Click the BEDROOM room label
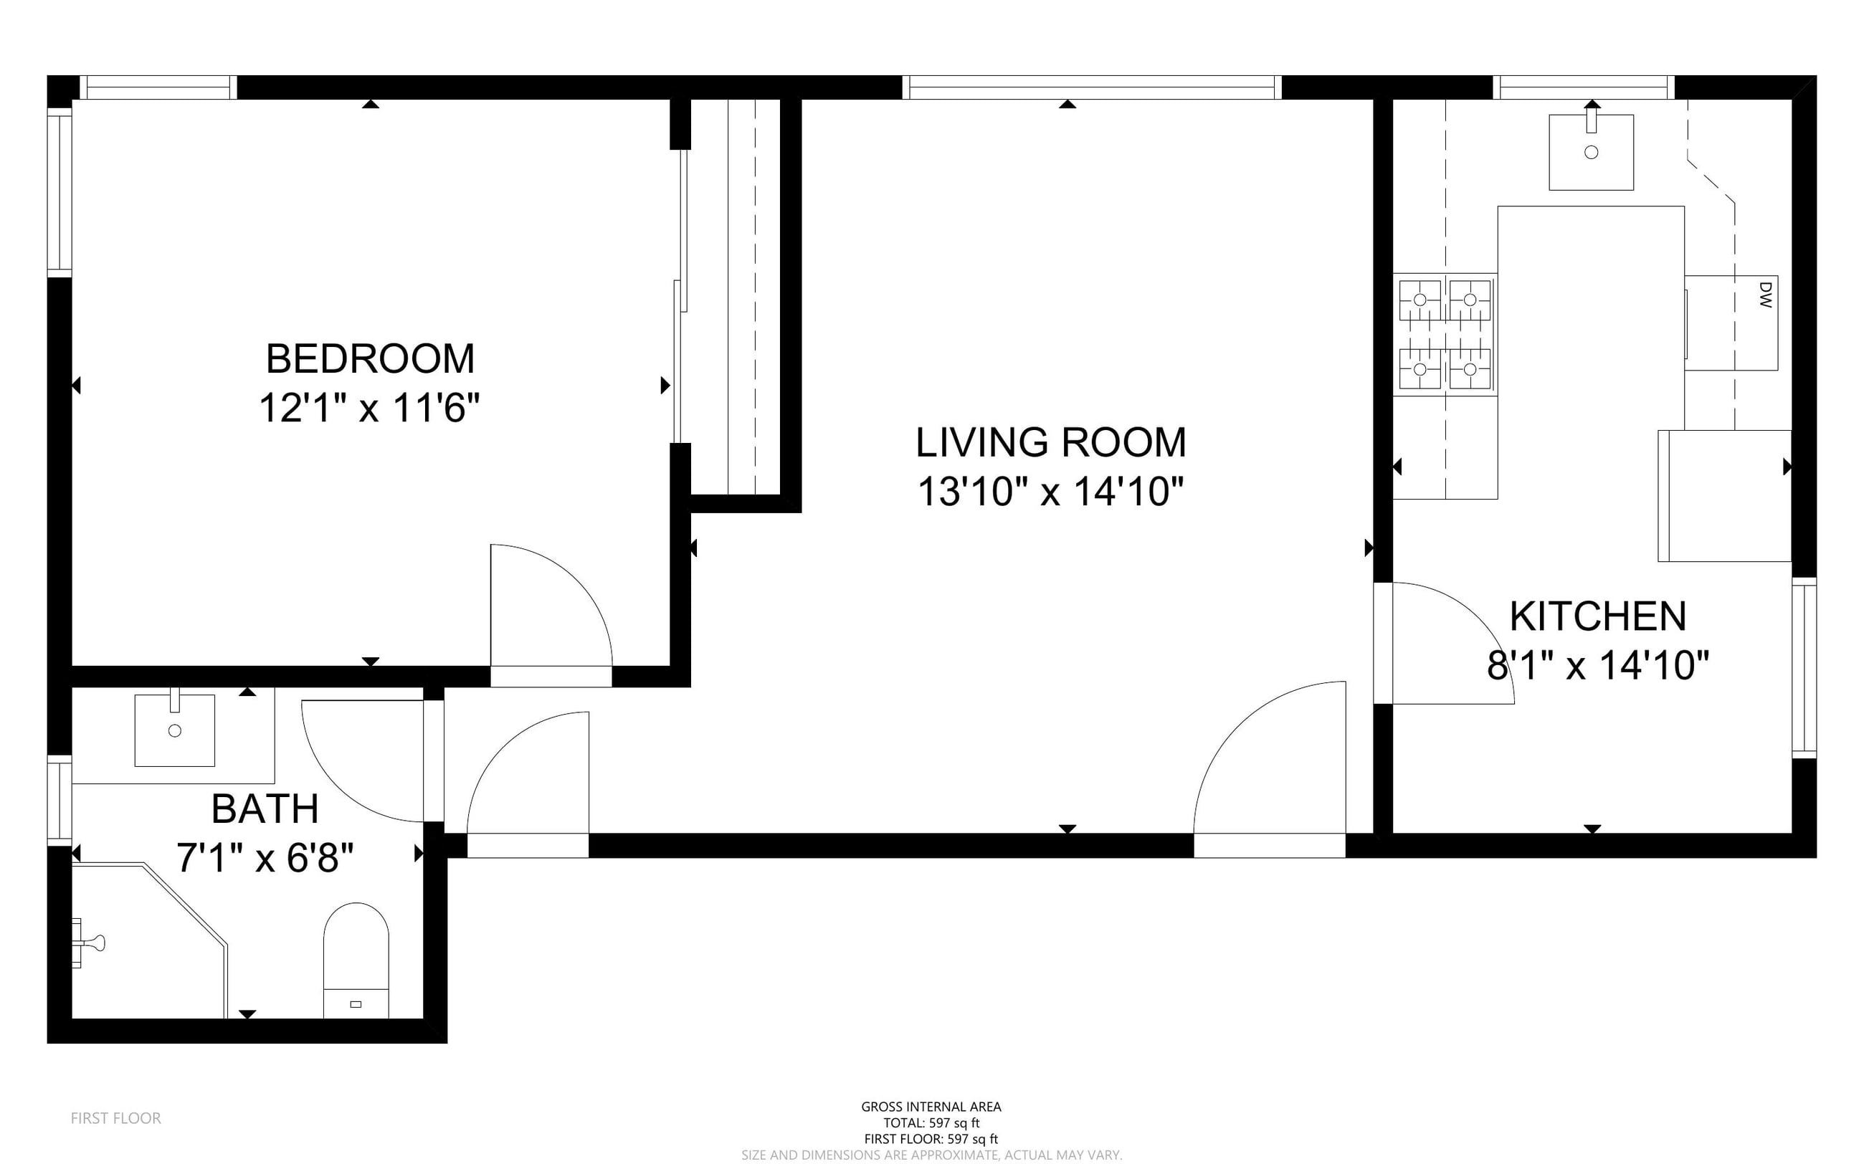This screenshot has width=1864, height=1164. coord(371,359)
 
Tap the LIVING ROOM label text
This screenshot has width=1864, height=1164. coord(1051,442)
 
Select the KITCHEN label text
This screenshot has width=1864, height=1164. coord(1598,616)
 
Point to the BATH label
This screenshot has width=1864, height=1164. coord(265,808)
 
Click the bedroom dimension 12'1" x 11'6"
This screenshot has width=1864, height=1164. coord(369,408)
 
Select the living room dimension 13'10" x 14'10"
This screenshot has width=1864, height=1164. coord(1051,491)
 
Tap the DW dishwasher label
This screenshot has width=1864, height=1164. coord(1766,295)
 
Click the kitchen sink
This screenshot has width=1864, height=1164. coord(1592,152)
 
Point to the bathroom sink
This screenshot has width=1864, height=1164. coord(175,730)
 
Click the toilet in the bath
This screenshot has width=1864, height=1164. coord(356,960)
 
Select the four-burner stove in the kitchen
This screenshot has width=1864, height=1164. coord(1445,335)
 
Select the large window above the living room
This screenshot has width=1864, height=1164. coord(1092,87)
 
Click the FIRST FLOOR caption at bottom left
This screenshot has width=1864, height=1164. coord(115,1118)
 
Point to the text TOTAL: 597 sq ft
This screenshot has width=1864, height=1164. coord(931,1123)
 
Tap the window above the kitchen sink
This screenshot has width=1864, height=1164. coord(1584,87)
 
